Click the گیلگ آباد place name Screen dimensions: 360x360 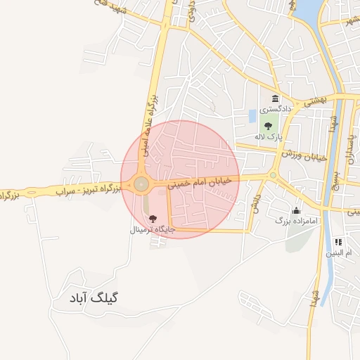pos(96,297)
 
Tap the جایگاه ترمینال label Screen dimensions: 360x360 pos(152,230)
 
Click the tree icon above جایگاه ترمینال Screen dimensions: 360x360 pos(153,219)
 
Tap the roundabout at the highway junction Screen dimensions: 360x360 pos(141,185)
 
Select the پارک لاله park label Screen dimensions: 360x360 pos(266,136)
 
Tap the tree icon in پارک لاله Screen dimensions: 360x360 pos(267,125)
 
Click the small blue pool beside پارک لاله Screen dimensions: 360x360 pos(252,115)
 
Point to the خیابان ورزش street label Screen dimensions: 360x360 pos(304,155)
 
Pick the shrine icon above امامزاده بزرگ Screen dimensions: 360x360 pos(296,210)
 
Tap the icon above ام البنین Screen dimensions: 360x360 pos(337,241)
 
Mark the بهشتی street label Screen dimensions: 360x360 pos(312,102)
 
